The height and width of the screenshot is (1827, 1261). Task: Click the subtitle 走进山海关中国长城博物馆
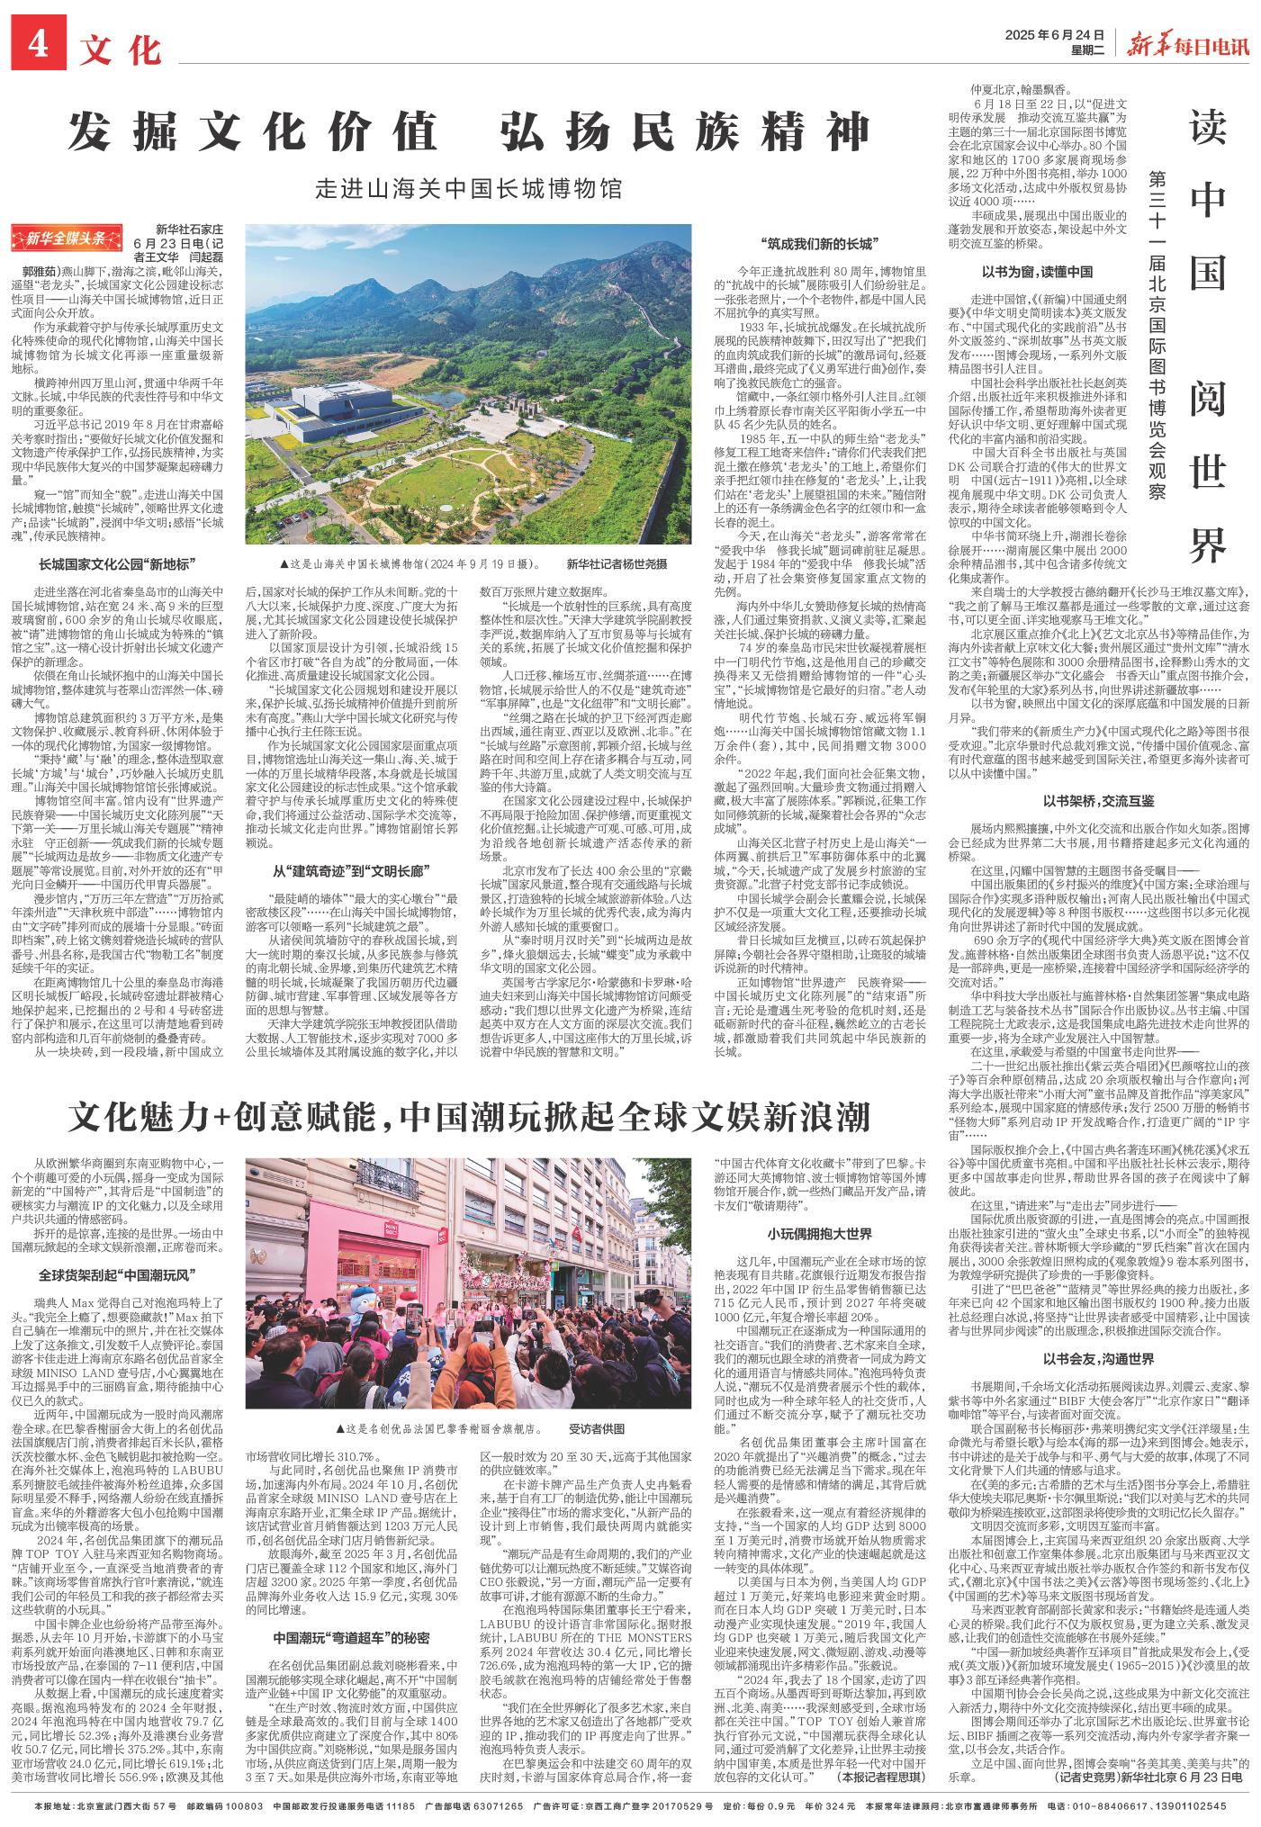tap(469, 188)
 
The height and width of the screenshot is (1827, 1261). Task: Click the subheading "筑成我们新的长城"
tap(817, 243)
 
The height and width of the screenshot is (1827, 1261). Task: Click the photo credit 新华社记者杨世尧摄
tap(617, 563)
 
